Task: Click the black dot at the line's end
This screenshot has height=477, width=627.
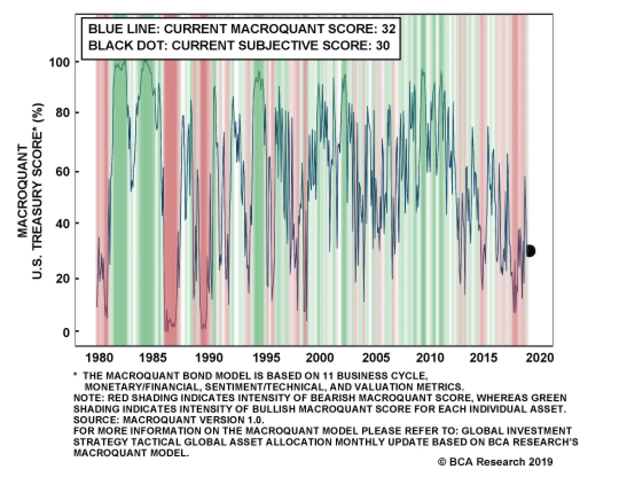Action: [530, 251]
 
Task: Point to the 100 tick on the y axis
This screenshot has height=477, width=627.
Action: [59, 62]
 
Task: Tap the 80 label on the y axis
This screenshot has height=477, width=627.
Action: [62, 113]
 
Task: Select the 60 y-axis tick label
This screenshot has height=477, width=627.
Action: [62, 172]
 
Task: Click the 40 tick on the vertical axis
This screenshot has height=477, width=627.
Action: [62, 224]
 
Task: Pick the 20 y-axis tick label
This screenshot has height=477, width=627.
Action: [62, 279]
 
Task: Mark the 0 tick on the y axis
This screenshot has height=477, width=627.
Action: [66, 332]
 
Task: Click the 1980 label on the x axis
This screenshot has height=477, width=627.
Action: [99, 357]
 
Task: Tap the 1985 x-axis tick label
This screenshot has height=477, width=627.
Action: [153, 357]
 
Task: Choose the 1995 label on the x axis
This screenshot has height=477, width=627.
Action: [266, 357]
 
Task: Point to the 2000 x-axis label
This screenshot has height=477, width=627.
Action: [320, 357]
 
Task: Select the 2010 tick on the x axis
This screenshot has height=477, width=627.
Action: [430, 357]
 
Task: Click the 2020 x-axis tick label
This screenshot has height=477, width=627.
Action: [540, 357]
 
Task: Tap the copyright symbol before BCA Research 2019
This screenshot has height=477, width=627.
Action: [442, 462]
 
